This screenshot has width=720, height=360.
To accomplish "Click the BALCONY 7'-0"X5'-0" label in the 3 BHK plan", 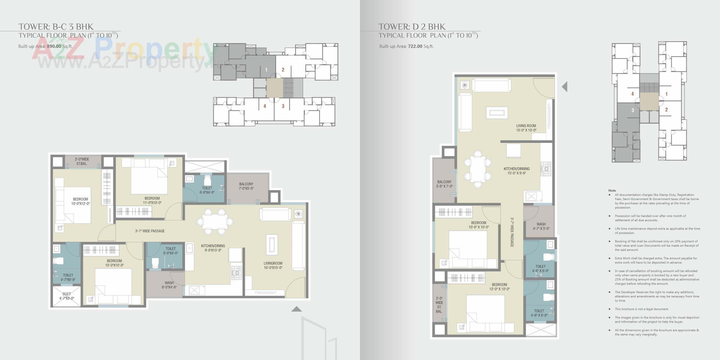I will [246, 186].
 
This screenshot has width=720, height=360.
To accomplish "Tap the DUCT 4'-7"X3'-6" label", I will [67, 296].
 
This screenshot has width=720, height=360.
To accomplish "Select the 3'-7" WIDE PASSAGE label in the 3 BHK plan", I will [150, 231].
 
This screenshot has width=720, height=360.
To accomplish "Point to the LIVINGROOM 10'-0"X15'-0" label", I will [273, 265].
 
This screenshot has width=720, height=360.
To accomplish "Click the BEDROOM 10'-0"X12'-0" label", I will [80, 201].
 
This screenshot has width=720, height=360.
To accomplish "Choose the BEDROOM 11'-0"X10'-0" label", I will [152, 200].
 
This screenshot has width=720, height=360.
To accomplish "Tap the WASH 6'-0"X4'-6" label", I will [169, 285].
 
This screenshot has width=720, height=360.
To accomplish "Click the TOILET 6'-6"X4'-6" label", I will [207, 190].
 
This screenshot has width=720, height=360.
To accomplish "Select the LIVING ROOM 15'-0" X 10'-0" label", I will [526, 128].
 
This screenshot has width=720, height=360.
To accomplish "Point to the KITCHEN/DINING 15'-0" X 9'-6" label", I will [516, 171].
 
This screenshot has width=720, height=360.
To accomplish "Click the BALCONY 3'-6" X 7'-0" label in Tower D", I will [444, 184].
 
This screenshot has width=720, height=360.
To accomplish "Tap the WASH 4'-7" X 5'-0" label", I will [541, 226].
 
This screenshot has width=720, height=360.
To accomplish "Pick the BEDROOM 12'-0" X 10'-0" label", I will [499, 287].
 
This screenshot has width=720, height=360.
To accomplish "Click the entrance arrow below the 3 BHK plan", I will [296, 309].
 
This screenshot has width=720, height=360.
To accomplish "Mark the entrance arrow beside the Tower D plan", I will [565, 87].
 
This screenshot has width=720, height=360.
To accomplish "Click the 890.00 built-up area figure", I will [54, 46].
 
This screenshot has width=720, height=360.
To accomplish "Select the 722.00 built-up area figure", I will [415, 46].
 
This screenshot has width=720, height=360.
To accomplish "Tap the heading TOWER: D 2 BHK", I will [412, 27].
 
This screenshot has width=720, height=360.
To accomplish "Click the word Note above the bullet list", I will [612, 190].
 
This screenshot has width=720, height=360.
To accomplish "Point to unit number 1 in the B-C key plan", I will [266, 70].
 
